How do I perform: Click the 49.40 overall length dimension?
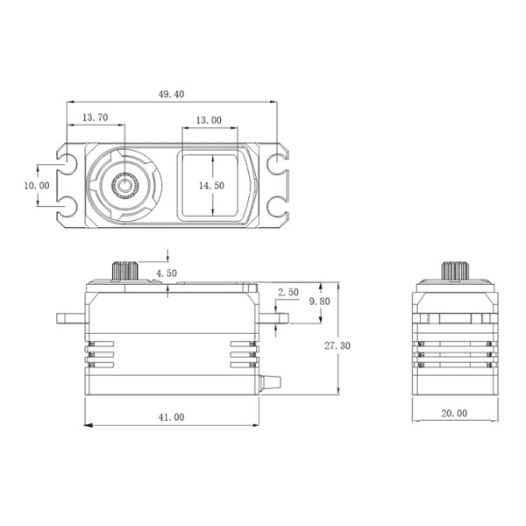172,95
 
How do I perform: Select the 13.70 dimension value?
96,117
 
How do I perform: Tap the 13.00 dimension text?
209,120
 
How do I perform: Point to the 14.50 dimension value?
211,186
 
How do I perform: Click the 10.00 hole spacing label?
37,186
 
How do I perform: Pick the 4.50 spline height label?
167,273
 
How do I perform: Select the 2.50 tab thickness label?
288,292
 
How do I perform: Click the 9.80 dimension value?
319,302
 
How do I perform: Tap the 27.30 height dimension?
338,345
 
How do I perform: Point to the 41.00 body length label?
172,417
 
